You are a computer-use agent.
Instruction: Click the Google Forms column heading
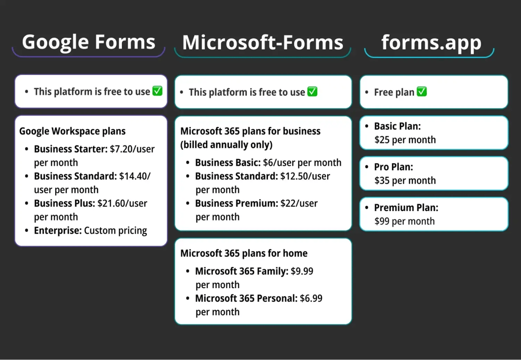(x=89, y=42)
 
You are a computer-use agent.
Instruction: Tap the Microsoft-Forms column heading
(x=263, y=43)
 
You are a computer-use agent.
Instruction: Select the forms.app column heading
(x=431, y=42)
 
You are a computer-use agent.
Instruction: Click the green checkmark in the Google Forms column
(x=157, y=91)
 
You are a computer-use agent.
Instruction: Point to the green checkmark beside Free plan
(x=421, y=92)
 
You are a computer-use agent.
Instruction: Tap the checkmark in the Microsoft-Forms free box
(x=312, y=92)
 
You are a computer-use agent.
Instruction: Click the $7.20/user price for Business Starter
(x=132, y=149)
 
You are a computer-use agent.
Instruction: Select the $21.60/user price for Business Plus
(x=122, y=203)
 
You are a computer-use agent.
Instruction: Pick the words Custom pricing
(x=116, y=230)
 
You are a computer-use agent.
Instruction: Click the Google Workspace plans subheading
(x=72, y=131)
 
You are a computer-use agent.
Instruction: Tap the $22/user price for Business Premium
(x=299, y=203)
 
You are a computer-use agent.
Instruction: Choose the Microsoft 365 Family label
(x=241, y=271)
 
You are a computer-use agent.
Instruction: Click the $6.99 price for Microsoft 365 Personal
(x=311, y=299)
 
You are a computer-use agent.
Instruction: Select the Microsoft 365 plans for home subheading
(x=244, y=253)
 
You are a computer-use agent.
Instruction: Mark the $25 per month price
(x=405, y=140)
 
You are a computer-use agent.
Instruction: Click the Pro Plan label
(x=393, y=167)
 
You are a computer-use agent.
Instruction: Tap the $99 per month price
(x=404, y=221)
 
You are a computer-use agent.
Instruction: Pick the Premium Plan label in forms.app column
(x=406, y=207)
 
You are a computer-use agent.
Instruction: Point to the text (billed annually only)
(x=226, y=145)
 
